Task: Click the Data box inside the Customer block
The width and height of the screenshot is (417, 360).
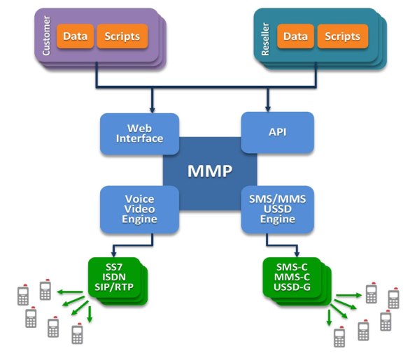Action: pyautogui.click(x=76, y=36)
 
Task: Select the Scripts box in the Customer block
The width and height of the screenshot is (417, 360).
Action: pyautogui.click(x=122, y=36)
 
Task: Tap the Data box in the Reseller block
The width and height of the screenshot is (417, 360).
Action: pyautogui.click(x=295, y=36)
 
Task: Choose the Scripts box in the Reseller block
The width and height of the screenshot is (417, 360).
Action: pyautogui.click(x=343, y=36)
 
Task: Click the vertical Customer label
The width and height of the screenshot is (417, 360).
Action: pyautogui.click(x=46, y=36)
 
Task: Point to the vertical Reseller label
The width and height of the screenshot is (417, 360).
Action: pyautogui.click(x=265, y=39)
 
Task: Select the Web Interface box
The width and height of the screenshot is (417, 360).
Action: pyautogui.click(x=139, y=134)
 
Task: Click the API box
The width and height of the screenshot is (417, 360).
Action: pyautogui.click(x=277, y=132)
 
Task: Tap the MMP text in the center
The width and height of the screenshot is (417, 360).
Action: pyautogui.click(x=210, y=171)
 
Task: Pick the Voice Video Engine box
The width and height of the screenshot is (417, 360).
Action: pyautogui.click(x=139, y=209)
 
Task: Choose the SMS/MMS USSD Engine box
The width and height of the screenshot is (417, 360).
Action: pyautogui.click(x=277, y=209)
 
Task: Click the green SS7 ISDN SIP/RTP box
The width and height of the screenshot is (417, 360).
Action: pyautogui.click(x=114, y=278)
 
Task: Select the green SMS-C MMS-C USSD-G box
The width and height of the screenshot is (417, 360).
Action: pyautogui.click(x=292, y=278)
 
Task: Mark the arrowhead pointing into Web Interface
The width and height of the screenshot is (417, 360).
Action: pyautogui.click(x=152, y=110)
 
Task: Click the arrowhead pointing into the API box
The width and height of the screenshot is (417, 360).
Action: pyautogui.click(x=268, y=109)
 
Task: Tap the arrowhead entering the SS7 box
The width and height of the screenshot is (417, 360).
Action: pyautogui.click(x=113, y=254)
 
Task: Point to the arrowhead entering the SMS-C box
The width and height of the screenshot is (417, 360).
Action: pyautogui.click(x=297, y=254)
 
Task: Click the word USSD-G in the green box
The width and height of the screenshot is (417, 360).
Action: pyautogui.click(x=292, y=287)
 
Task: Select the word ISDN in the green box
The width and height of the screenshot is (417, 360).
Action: pyautogui.click(x=114, y=277)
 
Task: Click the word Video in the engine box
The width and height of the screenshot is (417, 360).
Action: pyautogui.click(x=139, y=209)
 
